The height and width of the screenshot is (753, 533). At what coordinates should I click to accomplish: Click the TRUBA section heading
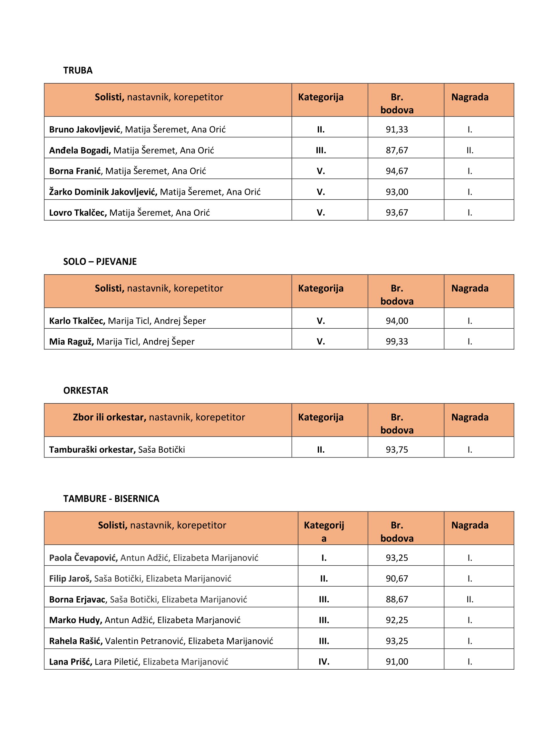click(78, 71)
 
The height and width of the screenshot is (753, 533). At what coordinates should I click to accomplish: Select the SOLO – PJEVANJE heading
click(100, 261)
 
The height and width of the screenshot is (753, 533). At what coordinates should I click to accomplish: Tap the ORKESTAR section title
click(86, 390)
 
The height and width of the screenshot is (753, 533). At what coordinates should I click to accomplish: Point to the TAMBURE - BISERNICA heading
click(111, 498)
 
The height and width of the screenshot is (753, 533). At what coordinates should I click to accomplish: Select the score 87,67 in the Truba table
click(397, 150)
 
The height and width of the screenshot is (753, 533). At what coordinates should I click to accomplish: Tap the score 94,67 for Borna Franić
click(397, 171)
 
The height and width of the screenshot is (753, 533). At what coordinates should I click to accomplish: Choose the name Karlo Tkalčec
click(77, 321)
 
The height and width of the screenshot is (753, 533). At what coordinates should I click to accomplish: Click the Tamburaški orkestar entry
click(92, 449)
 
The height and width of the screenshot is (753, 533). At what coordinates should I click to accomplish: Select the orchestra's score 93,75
click(397, 449)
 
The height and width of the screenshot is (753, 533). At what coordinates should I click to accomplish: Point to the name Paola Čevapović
click(83, 558)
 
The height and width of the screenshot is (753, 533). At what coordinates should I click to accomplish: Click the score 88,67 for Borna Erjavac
click(397, 599)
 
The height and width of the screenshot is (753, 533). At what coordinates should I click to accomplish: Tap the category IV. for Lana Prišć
click(324, 662)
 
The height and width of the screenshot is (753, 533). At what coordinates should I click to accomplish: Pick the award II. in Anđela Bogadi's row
click(470, 150)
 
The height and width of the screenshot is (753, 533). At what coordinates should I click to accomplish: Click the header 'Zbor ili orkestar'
click(109, 417)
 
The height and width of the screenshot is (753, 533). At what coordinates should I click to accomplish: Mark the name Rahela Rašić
click(76, 641)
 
